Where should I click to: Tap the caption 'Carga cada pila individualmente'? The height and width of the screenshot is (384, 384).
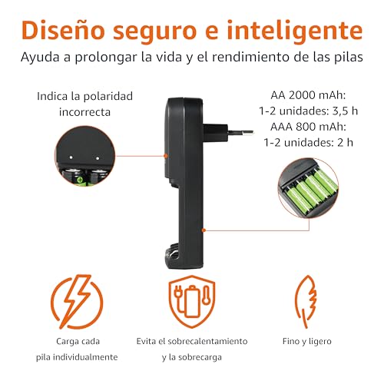coord(74,348)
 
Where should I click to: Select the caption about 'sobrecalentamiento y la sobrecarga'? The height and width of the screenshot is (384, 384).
coord(191,348)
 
